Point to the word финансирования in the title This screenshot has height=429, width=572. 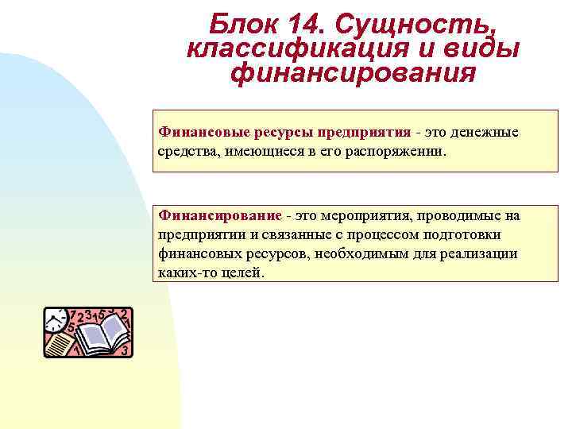click(x=353, y=73)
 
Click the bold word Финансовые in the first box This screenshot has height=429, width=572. click(x=197, y=131)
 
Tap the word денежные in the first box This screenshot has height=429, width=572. click(x=487, y=131)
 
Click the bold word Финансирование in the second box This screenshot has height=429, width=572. click(x=220, y=216)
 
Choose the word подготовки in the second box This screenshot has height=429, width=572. click(x=474, y=235)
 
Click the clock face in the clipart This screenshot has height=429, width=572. click(x=55, y=319)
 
